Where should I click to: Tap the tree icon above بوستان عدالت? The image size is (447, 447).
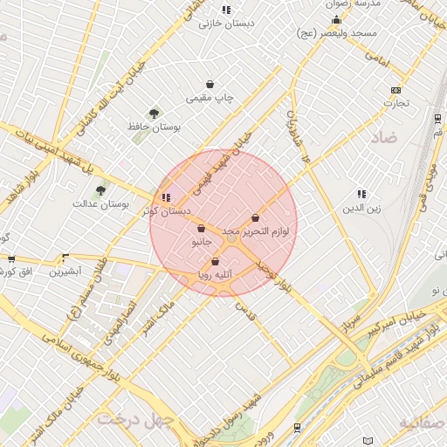click(102, 189)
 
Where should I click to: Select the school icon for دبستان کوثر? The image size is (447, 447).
click(166, 197)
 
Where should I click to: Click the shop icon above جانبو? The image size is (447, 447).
click(202, 229)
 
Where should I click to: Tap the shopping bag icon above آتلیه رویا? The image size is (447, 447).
click(215, 261)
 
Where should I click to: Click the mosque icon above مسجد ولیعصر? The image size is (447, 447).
click(337, 19)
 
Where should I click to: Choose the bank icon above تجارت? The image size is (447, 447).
click(397, 90)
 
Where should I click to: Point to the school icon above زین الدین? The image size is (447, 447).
click(361, 194)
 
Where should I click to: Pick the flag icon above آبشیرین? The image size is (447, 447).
click(65, 258)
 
